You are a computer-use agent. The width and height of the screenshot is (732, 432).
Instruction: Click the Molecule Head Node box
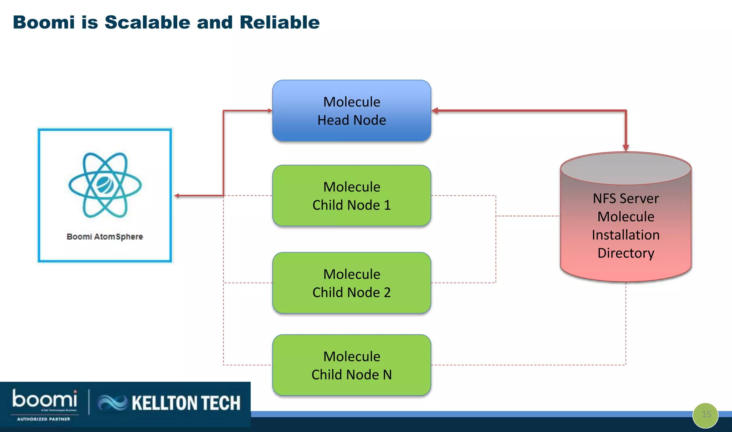tap(352, 111)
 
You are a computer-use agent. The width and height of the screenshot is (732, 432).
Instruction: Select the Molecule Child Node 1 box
tap(352, 196)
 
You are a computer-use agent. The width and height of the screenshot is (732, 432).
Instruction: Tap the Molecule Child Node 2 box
tap(352, 283)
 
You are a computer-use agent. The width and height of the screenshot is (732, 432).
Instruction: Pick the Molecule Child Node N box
tap(352, 365)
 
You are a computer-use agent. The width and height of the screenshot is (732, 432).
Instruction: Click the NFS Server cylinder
tap(625, 225)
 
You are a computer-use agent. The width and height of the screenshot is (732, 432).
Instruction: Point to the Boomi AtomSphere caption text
tap(105, 237)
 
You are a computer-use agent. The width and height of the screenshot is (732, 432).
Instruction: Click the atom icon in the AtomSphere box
tap(105, 185)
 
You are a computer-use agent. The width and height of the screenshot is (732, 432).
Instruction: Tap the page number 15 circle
tap(706, 415)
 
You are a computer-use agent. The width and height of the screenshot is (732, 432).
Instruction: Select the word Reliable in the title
tap(280, 22)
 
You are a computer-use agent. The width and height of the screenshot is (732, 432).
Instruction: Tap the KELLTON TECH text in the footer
tap(186, 403)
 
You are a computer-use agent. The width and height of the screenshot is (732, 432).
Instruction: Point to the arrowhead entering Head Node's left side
tap(270, 111)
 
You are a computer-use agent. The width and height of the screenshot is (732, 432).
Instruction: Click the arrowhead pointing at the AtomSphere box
tap(177, 196)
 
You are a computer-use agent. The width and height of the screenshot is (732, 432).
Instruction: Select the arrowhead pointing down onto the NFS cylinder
tap(626, 148)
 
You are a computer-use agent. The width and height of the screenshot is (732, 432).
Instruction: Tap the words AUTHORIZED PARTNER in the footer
tap(44, 419)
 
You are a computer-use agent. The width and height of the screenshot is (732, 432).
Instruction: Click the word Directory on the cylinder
tap(625, 253)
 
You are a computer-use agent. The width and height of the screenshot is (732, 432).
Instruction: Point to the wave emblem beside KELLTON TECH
tap(112, 403)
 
